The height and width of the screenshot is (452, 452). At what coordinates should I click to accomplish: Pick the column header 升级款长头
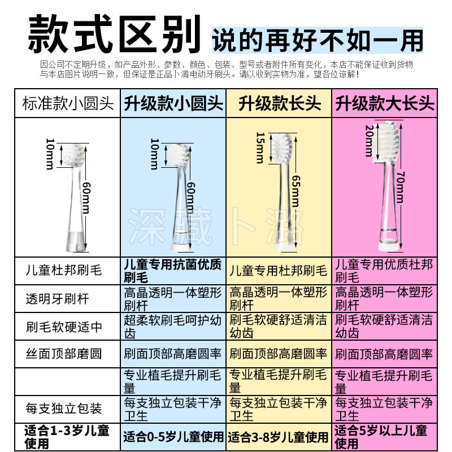point(279,103)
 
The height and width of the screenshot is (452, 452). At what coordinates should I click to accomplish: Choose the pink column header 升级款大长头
point(385,103)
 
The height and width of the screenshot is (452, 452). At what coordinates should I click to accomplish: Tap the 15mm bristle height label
point(260,147)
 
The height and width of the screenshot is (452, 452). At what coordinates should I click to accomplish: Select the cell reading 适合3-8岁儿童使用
point(279,436)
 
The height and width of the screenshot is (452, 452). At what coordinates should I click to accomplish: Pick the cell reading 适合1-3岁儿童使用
point(67,436)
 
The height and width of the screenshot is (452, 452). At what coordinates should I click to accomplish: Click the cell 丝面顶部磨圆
point(64,354)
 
